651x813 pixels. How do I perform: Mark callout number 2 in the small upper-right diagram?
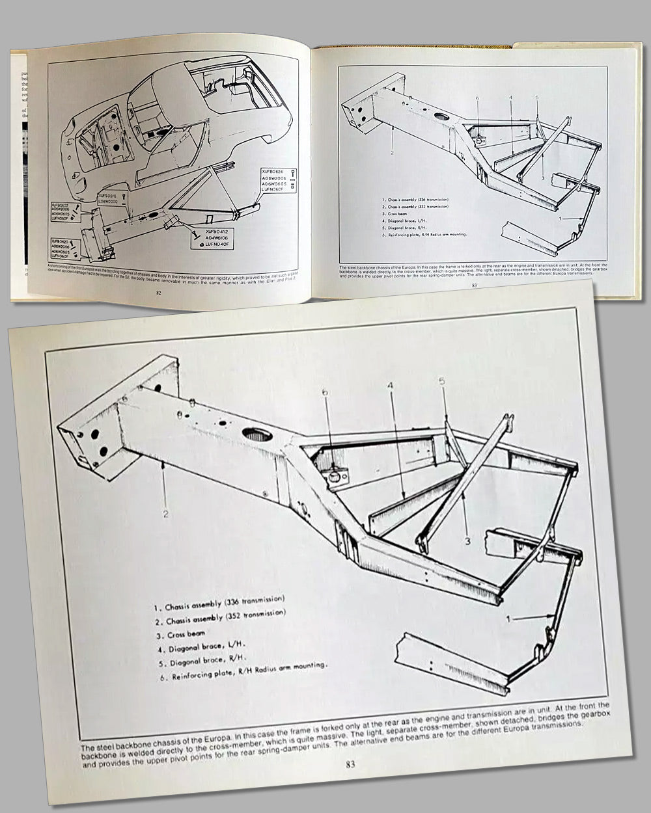[392, 152]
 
